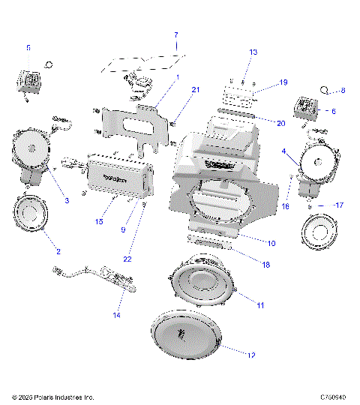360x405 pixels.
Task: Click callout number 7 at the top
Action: (x=176, y=35)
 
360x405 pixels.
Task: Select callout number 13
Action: (x=253, y=52)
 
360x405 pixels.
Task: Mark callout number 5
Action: (x=28, y=47)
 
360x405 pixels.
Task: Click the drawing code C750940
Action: (x=333, y=397)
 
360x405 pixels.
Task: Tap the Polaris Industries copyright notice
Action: (x=52, y=397)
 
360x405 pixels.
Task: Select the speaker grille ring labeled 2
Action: (x=34, y=214)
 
